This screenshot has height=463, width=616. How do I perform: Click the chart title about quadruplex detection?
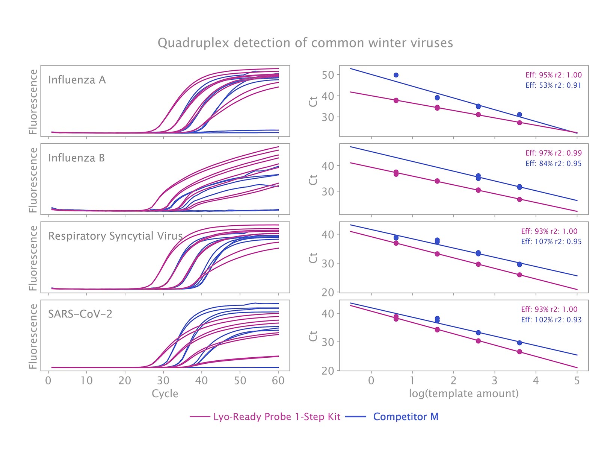tap(305, 43)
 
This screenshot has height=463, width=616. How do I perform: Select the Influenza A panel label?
tap(77, 80)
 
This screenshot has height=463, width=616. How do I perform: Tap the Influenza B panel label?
tap(76, 158)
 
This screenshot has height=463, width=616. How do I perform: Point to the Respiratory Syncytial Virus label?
tap(115, 236)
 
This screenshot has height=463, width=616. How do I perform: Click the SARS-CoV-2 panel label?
tap(80, 314)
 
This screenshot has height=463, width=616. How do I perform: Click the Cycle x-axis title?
tap(165, 393)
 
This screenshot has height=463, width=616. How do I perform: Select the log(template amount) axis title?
tap(464, 393)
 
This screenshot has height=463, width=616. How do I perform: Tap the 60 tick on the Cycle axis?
tap(278, 381)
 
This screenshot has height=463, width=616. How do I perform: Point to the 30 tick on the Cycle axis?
tap(163, 381)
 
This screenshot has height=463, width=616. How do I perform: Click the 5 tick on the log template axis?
tap(577, 381)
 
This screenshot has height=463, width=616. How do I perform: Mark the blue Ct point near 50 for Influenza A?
tap(396, 75)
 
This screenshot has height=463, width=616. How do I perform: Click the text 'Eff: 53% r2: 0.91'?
tap(553, 85)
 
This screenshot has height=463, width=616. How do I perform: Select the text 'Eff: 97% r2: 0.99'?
tap(553, 153)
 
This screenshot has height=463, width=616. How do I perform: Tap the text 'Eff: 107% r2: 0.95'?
tap(551, 241)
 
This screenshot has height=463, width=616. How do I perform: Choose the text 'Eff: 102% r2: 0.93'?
tap(551, 320)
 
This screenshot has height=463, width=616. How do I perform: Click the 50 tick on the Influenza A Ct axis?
tap(328, 75)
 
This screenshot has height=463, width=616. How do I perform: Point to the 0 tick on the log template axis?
tap(371, 381)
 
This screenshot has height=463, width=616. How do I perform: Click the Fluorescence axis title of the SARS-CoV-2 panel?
tap(33, 336)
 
